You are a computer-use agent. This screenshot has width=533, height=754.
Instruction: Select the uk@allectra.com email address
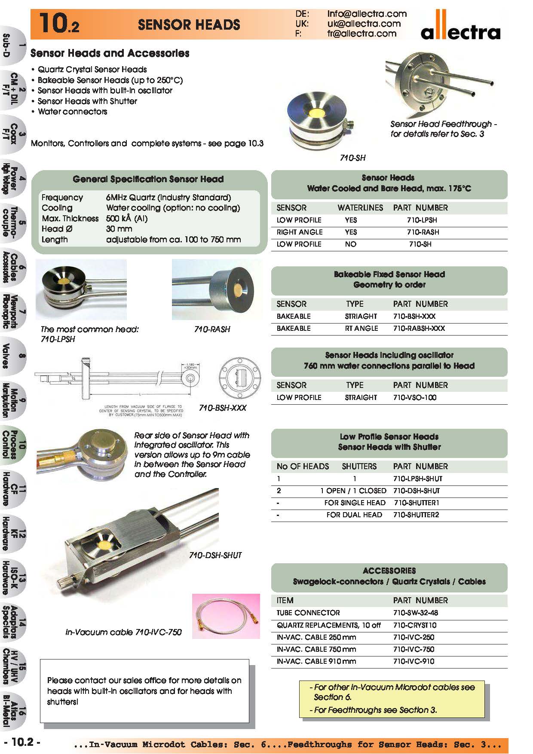(x=364, y=24)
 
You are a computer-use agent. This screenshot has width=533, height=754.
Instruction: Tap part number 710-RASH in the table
(x=423, y=232)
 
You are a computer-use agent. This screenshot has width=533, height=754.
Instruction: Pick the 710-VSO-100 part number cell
(x=414, y=397)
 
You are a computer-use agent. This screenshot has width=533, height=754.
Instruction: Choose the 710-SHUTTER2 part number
(x=416, y=515)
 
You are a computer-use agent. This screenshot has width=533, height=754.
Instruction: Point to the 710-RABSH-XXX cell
(x=419, y=328)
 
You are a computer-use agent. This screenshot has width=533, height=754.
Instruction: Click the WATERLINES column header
(x=360, y=208)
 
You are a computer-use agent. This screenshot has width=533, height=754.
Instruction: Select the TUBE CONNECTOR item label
(x=308, y=613)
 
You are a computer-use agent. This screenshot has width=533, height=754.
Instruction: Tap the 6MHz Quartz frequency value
(x=168, y=198)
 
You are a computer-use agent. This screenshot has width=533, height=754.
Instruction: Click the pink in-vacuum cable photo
(x=226, y=616)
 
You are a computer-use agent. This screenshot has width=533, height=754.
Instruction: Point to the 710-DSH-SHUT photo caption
(x=215, y=555)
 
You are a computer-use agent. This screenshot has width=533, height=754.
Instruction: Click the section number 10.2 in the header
(x=58, y=24)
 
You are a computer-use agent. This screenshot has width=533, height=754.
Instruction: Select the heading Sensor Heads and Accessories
(x=110, y=53)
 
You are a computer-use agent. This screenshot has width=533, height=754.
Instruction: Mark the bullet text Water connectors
(x=72, y=112)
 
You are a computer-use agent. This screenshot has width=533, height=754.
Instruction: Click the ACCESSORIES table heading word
(x=389, y=571)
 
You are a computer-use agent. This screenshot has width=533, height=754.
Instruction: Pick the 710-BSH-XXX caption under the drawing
(x=223, y=408)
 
